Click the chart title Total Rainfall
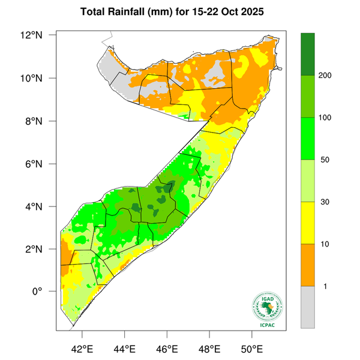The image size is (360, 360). click(x=180, y=11)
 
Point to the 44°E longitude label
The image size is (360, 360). click(x=124, y=349)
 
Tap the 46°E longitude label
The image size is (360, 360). click(x=167, y=349)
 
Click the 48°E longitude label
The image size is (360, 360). click(x=209, y=349)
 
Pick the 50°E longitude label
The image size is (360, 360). click(x=252, y=349)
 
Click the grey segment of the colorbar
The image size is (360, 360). click(x=308, y=307)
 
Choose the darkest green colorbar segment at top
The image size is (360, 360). click(x=308, y=54)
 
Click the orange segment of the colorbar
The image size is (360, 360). click(x=308, y=265)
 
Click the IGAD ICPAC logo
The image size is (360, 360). click(x=268, y=310)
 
